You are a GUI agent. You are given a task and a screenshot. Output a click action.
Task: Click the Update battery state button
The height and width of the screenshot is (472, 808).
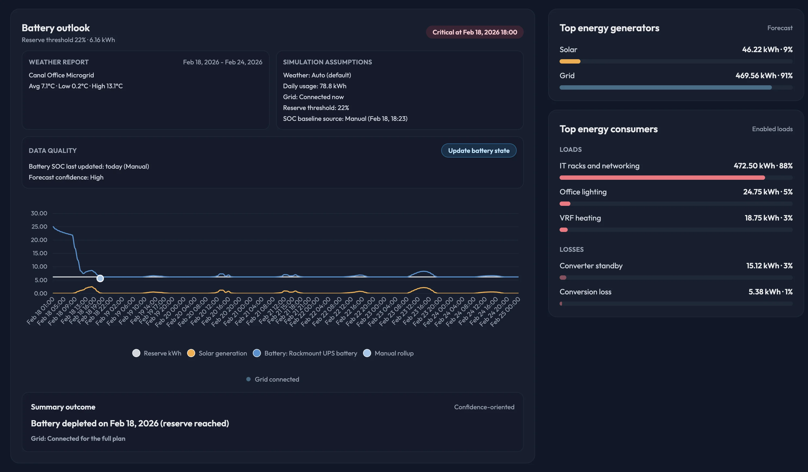[x=478, y=151]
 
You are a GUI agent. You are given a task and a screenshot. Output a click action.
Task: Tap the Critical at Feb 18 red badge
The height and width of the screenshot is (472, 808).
[x=475, y=32]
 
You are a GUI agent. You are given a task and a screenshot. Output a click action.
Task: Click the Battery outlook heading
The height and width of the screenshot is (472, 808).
[x=55, y=28]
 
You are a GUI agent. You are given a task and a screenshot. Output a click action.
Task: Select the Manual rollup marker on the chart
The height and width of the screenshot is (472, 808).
[x=100, y=278]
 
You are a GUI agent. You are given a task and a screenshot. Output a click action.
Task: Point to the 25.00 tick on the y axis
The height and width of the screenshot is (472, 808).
[x=39, y=227]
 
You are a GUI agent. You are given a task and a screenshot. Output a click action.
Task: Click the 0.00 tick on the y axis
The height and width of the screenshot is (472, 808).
[x=40, y=293]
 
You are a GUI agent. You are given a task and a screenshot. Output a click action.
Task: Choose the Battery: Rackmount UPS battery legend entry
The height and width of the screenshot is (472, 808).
[x=305, y=353]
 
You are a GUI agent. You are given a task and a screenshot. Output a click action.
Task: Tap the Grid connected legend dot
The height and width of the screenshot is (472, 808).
[x=248, y=379]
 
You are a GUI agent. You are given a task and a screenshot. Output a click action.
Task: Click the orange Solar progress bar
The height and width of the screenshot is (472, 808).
[x=570, y=62]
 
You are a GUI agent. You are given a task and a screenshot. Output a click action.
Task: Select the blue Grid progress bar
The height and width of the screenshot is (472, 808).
[x=665, y=87]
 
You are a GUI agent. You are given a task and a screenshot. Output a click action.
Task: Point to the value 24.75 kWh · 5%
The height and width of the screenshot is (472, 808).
[x=768, y=192]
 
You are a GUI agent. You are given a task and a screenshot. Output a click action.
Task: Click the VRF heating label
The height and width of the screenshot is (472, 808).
[x=580, y=218]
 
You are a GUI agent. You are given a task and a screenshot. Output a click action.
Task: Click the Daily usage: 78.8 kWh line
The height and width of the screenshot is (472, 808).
[x=315, y=86]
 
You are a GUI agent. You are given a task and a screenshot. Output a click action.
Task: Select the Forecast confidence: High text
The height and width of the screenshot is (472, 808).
[x=66, y=177]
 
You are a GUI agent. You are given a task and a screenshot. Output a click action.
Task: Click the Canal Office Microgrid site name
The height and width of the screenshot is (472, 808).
[x=61, y=75]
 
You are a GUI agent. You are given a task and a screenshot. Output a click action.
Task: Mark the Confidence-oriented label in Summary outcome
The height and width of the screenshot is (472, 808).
[x=484, y=407]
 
